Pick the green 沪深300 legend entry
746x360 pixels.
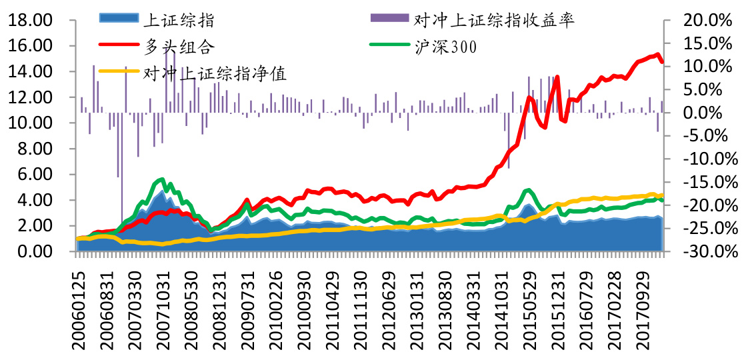[447, 47]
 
